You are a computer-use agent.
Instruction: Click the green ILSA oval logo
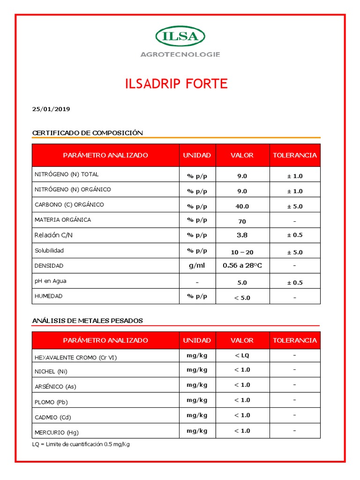tap(180, 37)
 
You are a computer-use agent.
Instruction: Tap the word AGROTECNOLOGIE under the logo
tap(180, 54)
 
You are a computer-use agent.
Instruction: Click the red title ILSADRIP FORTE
tap(176, 84)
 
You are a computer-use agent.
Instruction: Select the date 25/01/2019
tap(51, 109)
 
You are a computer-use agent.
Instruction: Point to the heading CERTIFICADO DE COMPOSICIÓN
tap(87, 133)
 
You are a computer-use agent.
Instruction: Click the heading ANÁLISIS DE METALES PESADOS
tap(87, 321)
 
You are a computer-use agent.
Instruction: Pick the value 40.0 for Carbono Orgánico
tap(242, 206)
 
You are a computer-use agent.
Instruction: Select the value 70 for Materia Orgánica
tap(242, 221)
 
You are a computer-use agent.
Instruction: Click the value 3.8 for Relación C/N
tap(242, 235)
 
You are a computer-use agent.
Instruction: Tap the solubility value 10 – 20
tap(242, 252)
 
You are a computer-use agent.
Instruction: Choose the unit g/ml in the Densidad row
tap(197, 266)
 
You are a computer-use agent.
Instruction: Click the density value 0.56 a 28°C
tap(242, 266)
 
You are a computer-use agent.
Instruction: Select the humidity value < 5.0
tap(242, 297)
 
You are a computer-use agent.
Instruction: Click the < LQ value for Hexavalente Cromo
tap(242, 355)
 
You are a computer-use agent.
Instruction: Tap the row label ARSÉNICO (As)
tap(55, 387)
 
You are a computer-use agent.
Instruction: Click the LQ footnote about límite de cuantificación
tap(81, 444)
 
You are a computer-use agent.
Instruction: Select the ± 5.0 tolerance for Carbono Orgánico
tap(295, 206)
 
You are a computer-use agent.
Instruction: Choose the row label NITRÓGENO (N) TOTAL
tap(67, 174)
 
